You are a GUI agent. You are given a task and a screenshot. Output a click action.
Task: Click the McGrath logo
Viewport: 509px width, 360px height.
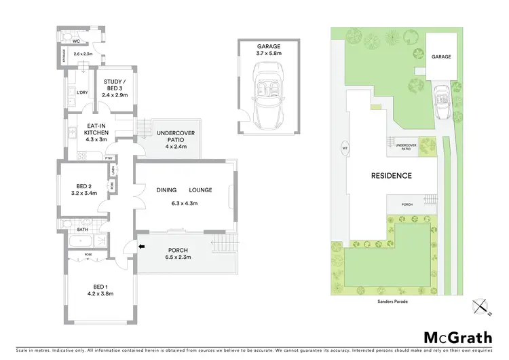(457, 338)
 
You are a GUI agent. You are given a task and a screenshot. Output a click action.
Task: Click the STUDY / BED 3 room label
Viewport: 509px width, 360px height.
(114, 86)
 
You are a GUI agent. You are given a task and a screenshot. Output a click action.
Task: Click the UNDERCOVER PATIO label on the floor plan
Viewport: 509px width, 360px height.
(172, 139)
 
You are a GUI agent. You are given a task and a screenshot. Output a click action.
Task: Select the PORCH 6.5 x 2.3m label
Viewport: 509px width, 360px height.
(177, 254)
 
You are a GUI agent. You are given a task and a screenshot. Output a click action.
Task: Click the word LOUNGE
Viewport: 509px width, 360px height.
(200, 190)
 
